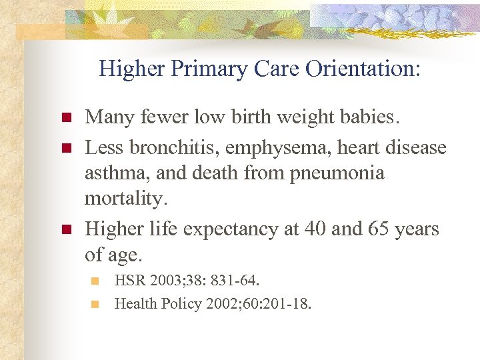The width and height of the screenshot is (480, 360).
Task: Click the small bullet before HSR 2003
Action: [95, 280]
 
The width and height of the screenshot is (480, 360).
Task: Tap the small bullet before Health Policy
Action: [95, 304]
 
